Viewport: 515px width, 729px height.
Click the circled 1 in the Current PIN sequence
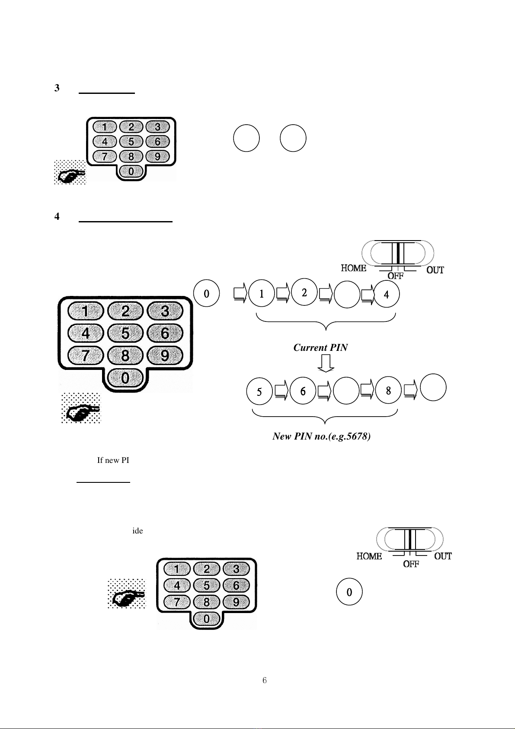(x=262, y=294)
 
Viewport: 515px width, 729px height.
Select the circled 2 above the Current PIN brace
(x=304, y=292)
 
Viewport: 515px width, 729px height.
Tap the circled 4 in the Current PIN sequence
(x=386, y=295)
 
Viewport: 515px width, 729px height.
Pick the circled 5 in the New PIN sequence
(x=259, y=392)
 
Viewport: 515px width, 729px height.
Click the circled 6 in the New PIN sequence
(x=303, y=392)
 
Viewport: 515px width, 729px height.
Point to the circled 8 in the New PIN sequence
(x=388, y=391)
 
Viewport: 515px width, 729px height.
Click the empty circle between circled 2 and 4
(x=347, y=295)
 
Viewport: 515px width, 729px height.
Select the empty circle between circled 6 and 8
(x=346, y=391)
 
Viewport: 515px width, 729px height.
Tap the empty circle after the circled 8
(x=433, y=388)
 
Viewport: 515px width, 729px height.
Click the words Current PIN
(x=320, y=348)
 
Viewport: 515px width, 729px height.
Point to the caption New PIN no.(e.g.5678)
(x=321, y=437)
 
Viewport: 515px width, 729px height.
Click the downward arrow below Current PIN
(x=326, y=363)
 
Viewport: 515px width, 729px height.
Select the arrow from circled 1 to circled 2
(x=283, y=293)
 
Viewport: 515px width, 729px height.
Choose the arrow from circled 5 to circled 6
(x=281, y=390)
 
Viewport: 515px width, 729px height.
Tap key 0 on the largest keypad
(x=125, y=379)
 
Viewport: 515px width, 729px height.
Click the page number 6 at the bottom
(x=265, y=681)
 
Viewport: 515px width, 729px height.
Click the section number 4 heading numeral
(x=57, y=217)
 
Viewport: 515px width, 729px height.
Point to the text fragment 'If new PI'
(x=113, y=460)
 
